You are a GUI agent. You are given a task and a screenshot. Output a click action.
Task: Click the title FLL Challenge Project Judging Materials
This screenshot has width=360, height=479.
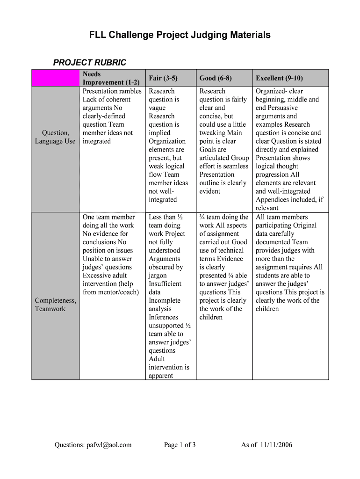[x=180, y=35]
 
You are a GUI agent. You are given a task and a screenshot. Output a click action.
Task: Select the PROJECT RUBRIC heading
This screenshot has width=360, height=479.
[x=89, y=63]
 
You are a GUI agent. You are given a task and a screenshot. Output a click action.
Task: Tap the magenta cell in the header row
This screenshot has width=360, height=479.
[x=55, y=78]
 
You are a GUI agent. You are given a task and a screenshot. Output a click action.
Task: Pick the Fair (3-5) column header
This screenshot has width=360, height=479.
[x=163, y=78]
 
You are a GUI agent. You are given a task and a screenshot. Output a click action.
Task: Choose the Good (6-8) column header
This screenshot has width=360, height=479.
[x=216, y=78]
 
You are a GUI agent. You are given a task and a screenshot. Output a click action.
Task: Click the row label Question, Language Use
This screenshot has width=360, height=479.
[x=55, y=137]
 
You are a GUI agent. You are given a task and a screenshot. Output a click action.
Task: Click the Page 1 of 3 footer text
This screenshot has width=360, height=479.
[x=180, y=445]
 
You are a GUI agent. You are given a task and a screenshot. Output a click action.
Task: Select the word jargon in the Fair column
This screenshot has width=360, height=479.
[x=159, y=276]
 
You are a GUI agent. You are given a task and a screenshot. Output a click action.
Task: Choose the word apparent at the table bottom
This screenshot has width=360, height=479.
[x=161, y=376]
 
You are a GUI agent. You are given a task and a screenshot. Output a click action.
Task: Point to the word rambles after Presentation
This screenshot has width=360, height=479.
[x=131, y=91]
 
